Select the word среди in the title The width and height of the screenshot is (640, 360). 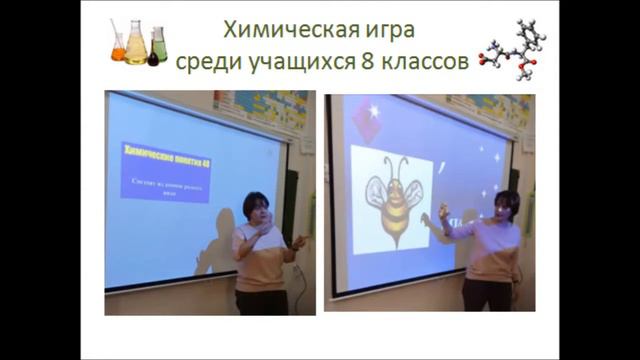pos(208,62)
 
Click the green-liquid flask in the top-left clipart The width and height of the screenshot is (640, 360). pos(158,45)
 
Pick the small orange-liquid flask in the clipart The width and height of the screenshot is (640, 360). pos(119,48)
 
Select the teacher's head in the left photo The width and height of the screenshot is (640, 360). pos(255,207)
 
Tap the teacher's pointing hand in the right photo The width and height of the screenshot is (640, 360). pos(442,213)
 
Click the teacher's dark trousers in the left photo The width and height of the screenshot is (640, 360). pos(262,301)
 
